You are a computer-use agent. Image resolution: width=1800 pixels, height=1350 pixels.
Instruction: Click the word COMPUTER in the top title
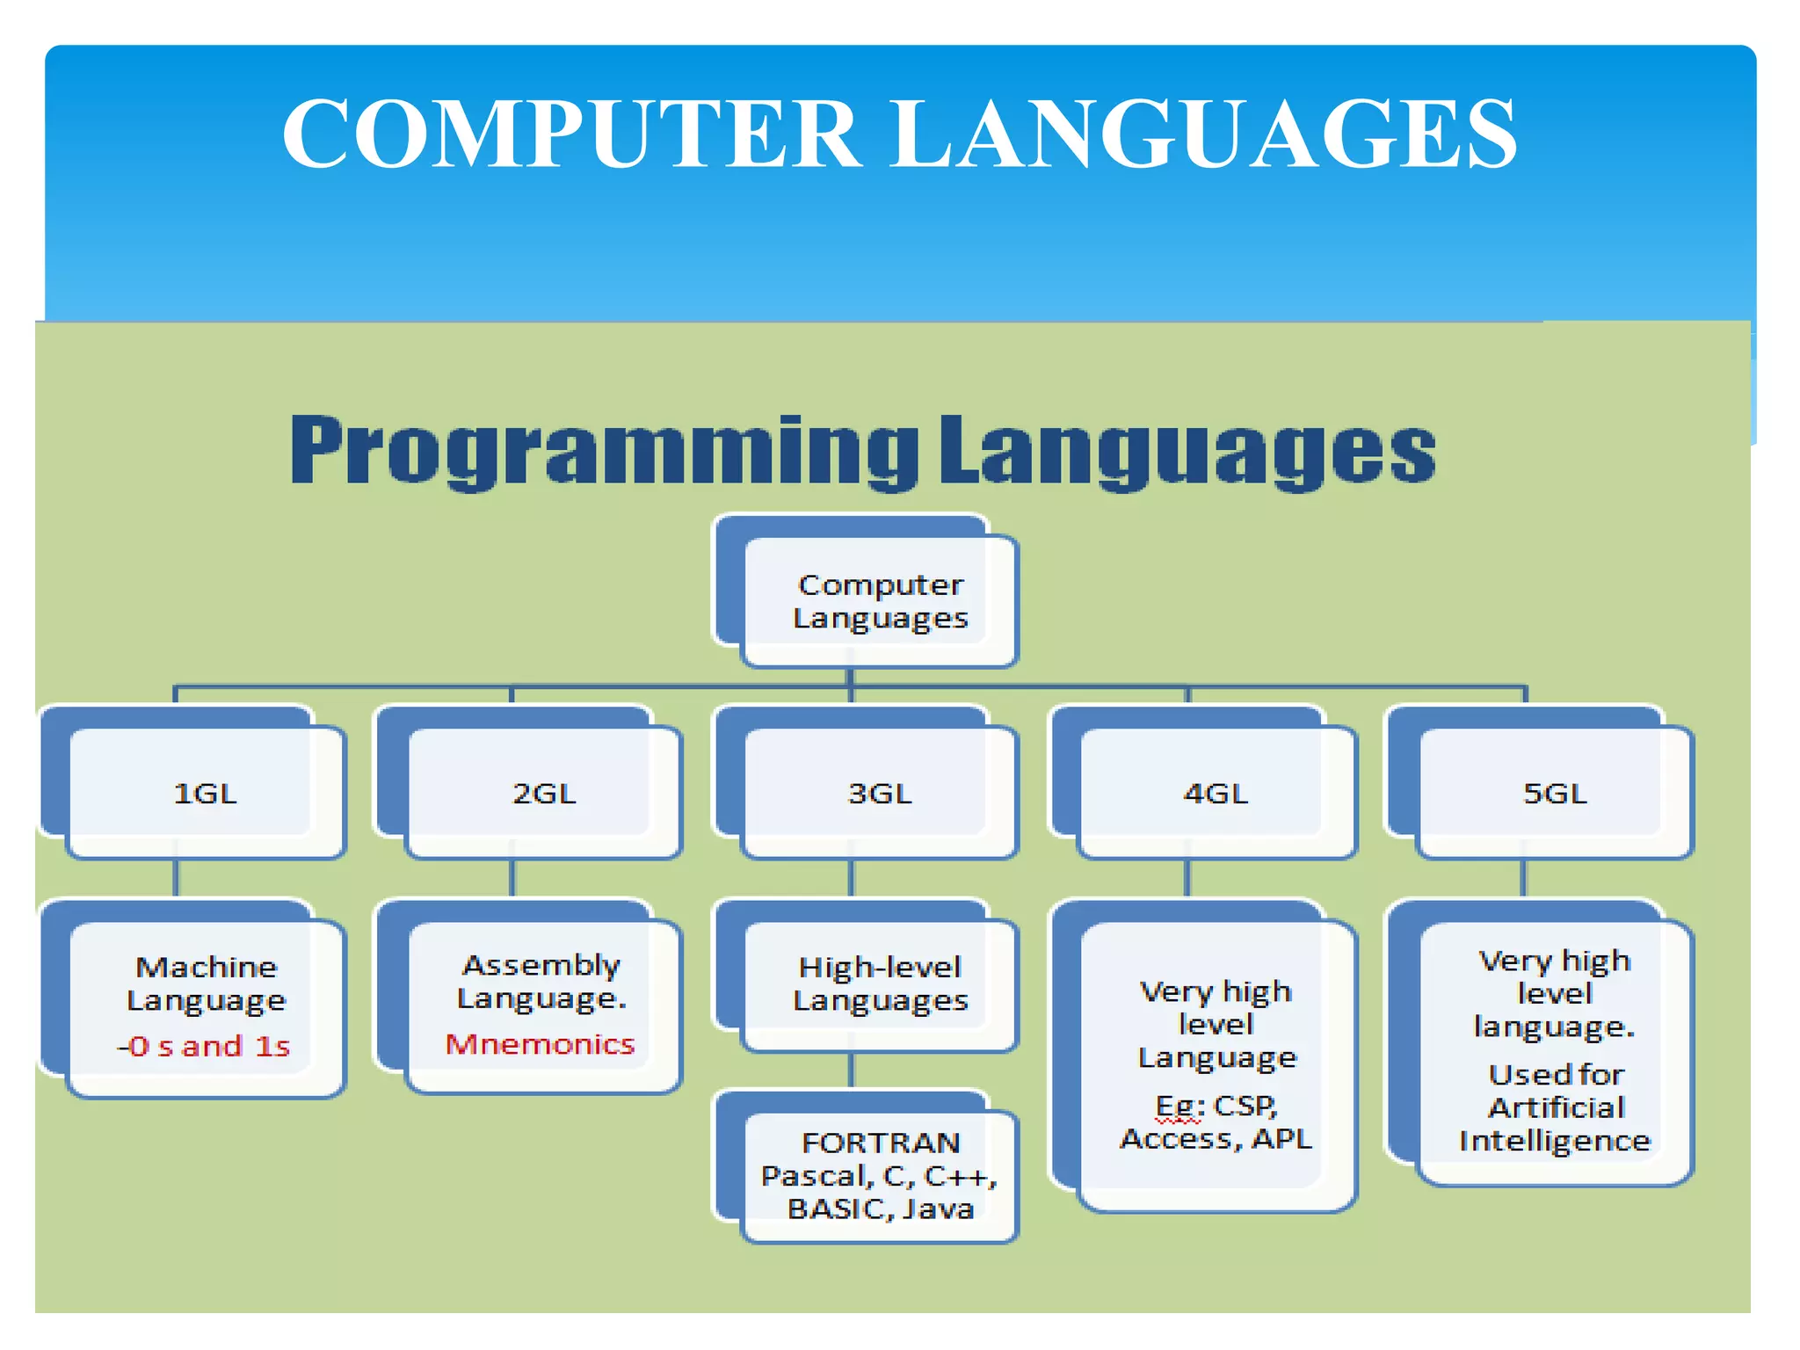(571, 134)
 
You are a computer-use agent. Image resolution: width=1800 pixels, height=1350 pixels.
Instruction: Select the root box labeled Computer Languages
(879, 601)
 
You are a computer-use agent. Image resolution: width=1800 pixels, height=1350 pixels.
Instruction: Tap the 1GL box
(205, 794)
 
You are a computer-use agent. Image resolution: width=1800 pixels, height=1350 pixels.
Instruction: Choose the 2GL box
(544, 794)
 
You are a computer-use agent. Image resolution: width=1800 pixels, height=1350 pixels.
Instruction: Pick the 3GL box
(879, 794)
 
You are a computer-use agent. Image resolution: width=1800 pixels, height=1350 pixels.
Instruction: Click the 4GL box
(1216, 794)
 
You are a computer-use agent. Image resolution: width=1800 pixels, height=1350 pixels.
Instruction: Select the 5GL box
(1554, 794)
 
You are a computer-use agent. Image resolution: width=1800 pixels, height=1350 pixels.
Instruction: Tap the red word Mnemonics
(540, 1044)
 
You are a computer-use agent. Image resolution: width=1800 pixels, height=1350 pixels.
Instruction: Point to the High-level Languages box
(879, 984)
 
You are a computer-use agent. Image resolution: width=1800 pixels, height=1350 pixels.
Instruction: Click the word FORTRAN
(881, 1143)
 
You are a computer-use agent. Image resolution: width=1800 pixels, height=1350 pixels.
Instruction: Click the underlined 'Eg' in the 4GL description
(1176, 1107)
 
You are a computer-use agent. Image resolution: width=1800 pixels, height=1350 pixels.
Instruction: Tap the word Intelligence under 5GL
(1554, 1141)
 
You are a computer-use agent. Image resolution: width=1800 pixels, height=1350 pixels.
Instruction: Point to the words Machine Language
(206, 983)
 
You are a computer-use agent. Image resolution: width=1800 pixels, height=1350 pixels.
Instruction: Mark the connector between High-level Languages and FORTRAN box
(851, 1071)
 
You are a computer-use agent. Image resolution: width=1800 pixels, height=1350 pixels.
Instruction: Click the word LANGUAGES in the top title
(1204, 134)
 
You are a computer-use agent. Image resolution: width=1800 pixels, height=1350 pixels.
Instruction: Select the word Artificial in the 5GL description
(1556, 1107)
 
